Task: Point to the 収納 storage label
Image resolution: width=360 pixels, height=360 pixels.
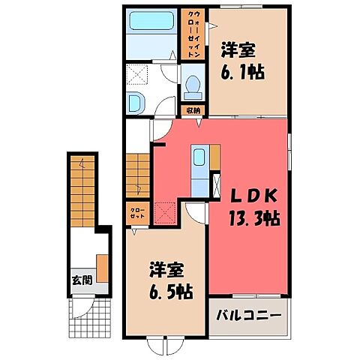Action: pyautogui.click(x=193, y=110)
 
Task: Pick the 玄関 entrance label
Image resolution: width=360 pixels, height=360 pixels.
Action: pyautogui.click(x=82, y=280)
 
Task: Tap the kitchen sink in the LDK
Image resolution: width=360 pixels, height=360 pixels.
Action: pyautogui.click(x=200, y=158)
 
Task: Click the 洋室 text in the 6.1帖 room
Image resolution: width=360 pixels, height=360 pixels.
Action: pyautogui.click(x=238, y=51)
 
